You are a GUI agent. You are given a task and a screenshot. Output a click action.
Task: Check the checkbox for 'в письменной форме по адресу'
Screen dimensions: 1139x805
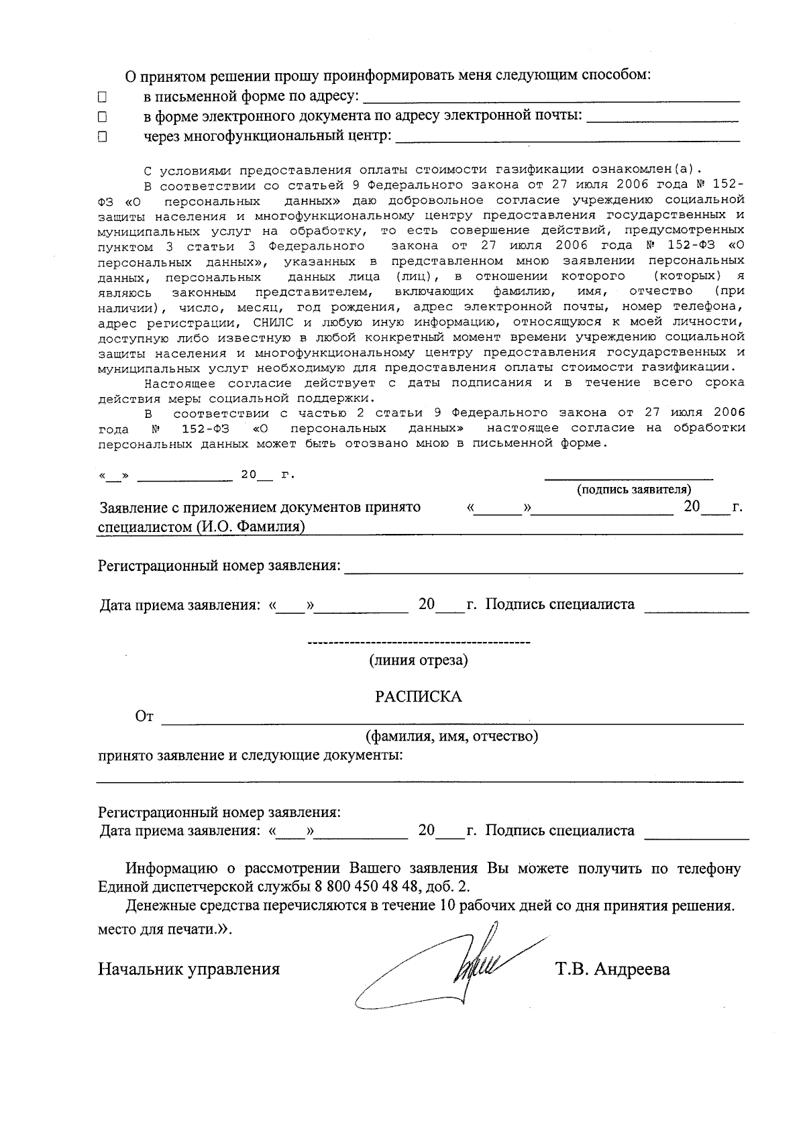point(103,97)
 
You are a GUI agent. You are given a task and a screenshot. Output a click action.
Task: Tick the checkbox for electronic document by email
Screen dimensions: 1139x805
point(103,117)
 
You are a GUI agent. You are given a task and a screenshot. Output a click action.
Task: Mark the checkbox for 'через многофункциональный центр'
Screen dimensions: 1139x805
point(103,137)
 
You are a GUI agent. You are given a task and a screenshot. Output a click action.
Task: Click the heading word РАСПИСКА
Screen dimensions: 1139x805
point(418,696)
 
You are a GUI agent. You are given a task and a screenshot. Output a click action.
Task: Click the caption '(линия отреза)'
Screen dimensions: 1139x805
point(418,660)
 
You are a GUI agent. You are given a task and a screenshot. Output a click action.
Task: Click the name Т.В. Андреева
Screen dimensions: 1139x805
point(612,969)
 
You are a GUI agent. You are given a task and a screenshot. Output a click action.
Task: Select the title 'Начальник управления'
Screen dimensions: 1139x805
point(189,969)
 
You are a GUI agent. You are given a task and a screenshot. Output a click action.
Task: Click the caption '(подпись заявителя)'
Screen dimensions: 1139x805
point(634,489)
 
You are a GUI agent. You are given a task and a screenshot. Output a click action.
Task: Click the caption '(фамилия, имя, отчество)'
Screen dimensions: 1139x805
point(451,737)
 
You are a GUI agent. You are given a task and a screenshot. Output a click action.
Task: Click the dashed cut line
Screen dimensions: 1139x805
point(418,644)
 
